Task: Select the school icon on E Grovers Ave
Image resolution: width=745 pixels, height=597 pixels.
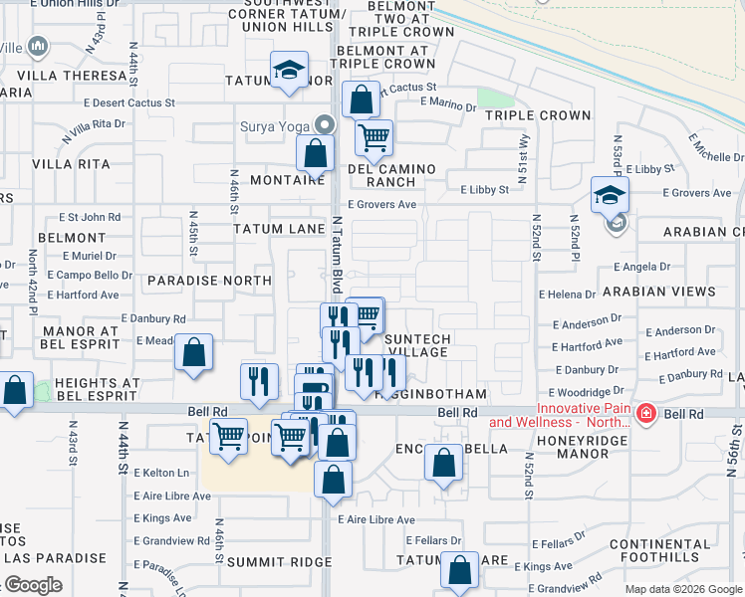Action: tap(610, 194)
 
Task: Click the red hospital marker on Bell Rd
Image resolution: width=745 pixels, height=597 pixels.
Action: tap(645, 412)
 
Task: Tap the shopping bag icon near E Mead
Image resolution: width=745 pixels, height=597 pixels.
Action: tap(194, 353)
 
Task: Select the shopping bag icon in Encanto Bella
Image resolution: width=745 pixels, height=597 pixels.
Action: tap(443, 464)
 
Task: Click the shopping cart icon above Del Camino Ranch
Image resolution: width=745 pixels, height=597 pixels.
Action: tap(373, 138)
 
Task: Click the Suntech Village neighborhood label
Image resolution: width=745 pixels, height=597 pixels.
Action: tap(416, 346)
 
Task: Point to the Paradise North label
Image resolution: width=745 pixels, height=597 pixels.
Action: tap(209, 281)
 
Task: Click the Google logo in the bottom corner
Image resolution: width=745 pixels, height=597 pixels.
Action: tap(32, 585)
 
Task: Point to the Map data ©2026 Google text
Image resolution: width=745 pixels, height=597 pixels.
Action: tap(683, 589)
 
